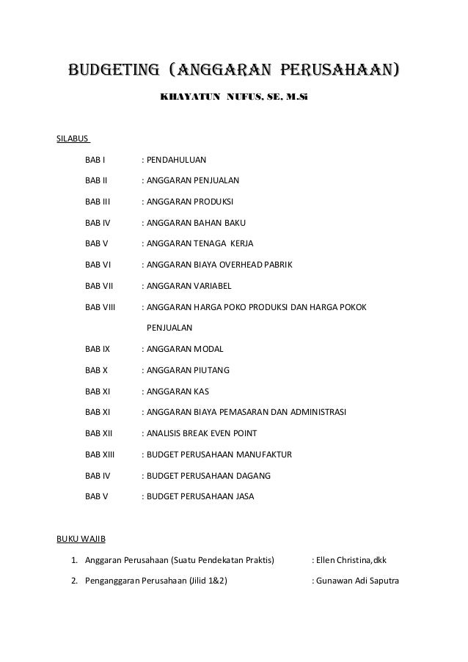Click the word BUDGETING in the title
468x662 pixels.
(x=112, y=71)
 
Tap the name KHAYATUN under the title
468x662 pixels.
(x=189, y=96)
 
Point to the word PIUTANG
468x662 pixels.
(x=213, y=370)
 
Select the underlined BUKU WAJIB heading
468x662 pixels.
(x=81, y=540)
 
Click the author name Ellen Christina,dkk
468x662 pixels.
(x=350, y=561)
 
